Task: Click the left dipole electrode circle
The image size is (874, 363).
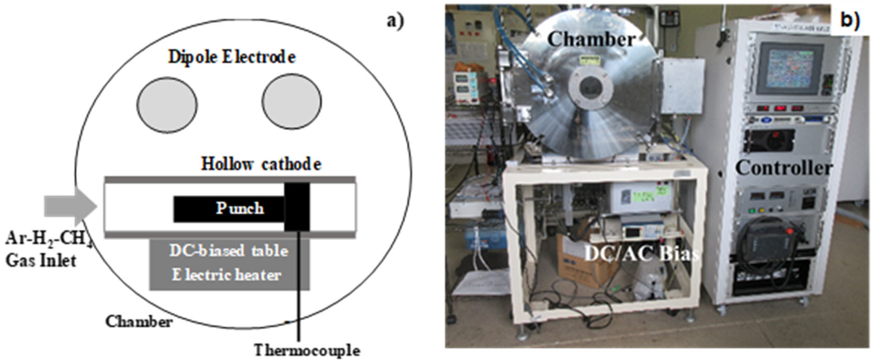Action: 167,104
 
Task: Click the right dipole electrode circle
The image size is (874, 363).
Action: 292,102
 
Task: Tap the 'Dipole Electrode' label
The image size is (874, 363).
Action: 232,57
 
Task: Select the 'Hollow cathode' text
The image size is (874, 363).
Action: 261,164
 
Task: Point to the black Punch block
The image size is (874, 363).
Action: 229,208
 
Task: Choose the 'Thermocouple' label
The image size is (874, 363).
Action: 307,350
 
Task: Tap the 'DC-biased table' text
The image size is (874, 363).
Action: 229,251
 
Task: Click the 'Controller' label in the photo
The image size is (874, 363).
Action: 784,168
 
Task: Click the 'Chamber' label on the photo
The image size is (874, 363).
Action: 591,39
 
